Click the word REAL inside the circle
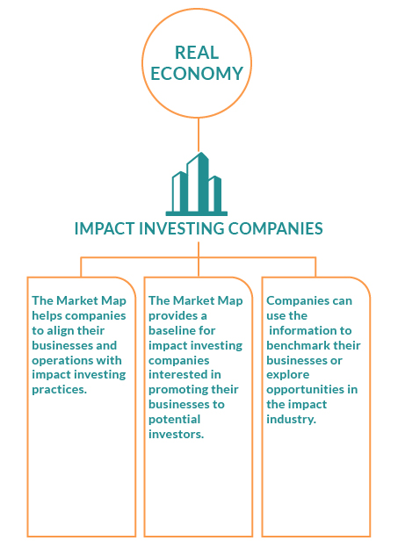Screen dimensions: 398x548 [197, 53]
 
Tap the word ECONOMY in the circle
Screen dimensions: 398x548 [197, 74]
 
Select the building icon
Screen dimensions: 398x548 [197, 184]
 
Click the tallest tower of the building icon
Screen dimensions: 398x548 [198, 183]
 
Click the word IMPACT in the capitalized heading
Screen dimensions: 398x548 [105, 228]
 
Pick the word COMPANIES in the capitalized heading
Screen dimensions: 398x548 [275, 228]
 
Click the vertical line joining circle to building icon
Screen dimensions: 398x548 [199, 134]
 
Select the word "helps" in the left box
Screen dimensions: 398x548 [47, 316]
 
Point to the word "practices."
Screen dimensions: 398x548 [60, 390]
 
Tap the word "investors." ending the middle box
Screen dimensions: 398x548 [177, 435]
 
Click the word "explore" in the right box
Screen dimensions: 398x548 [288, 375]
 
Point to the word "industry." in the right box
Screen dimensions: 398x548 [292, 420]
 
